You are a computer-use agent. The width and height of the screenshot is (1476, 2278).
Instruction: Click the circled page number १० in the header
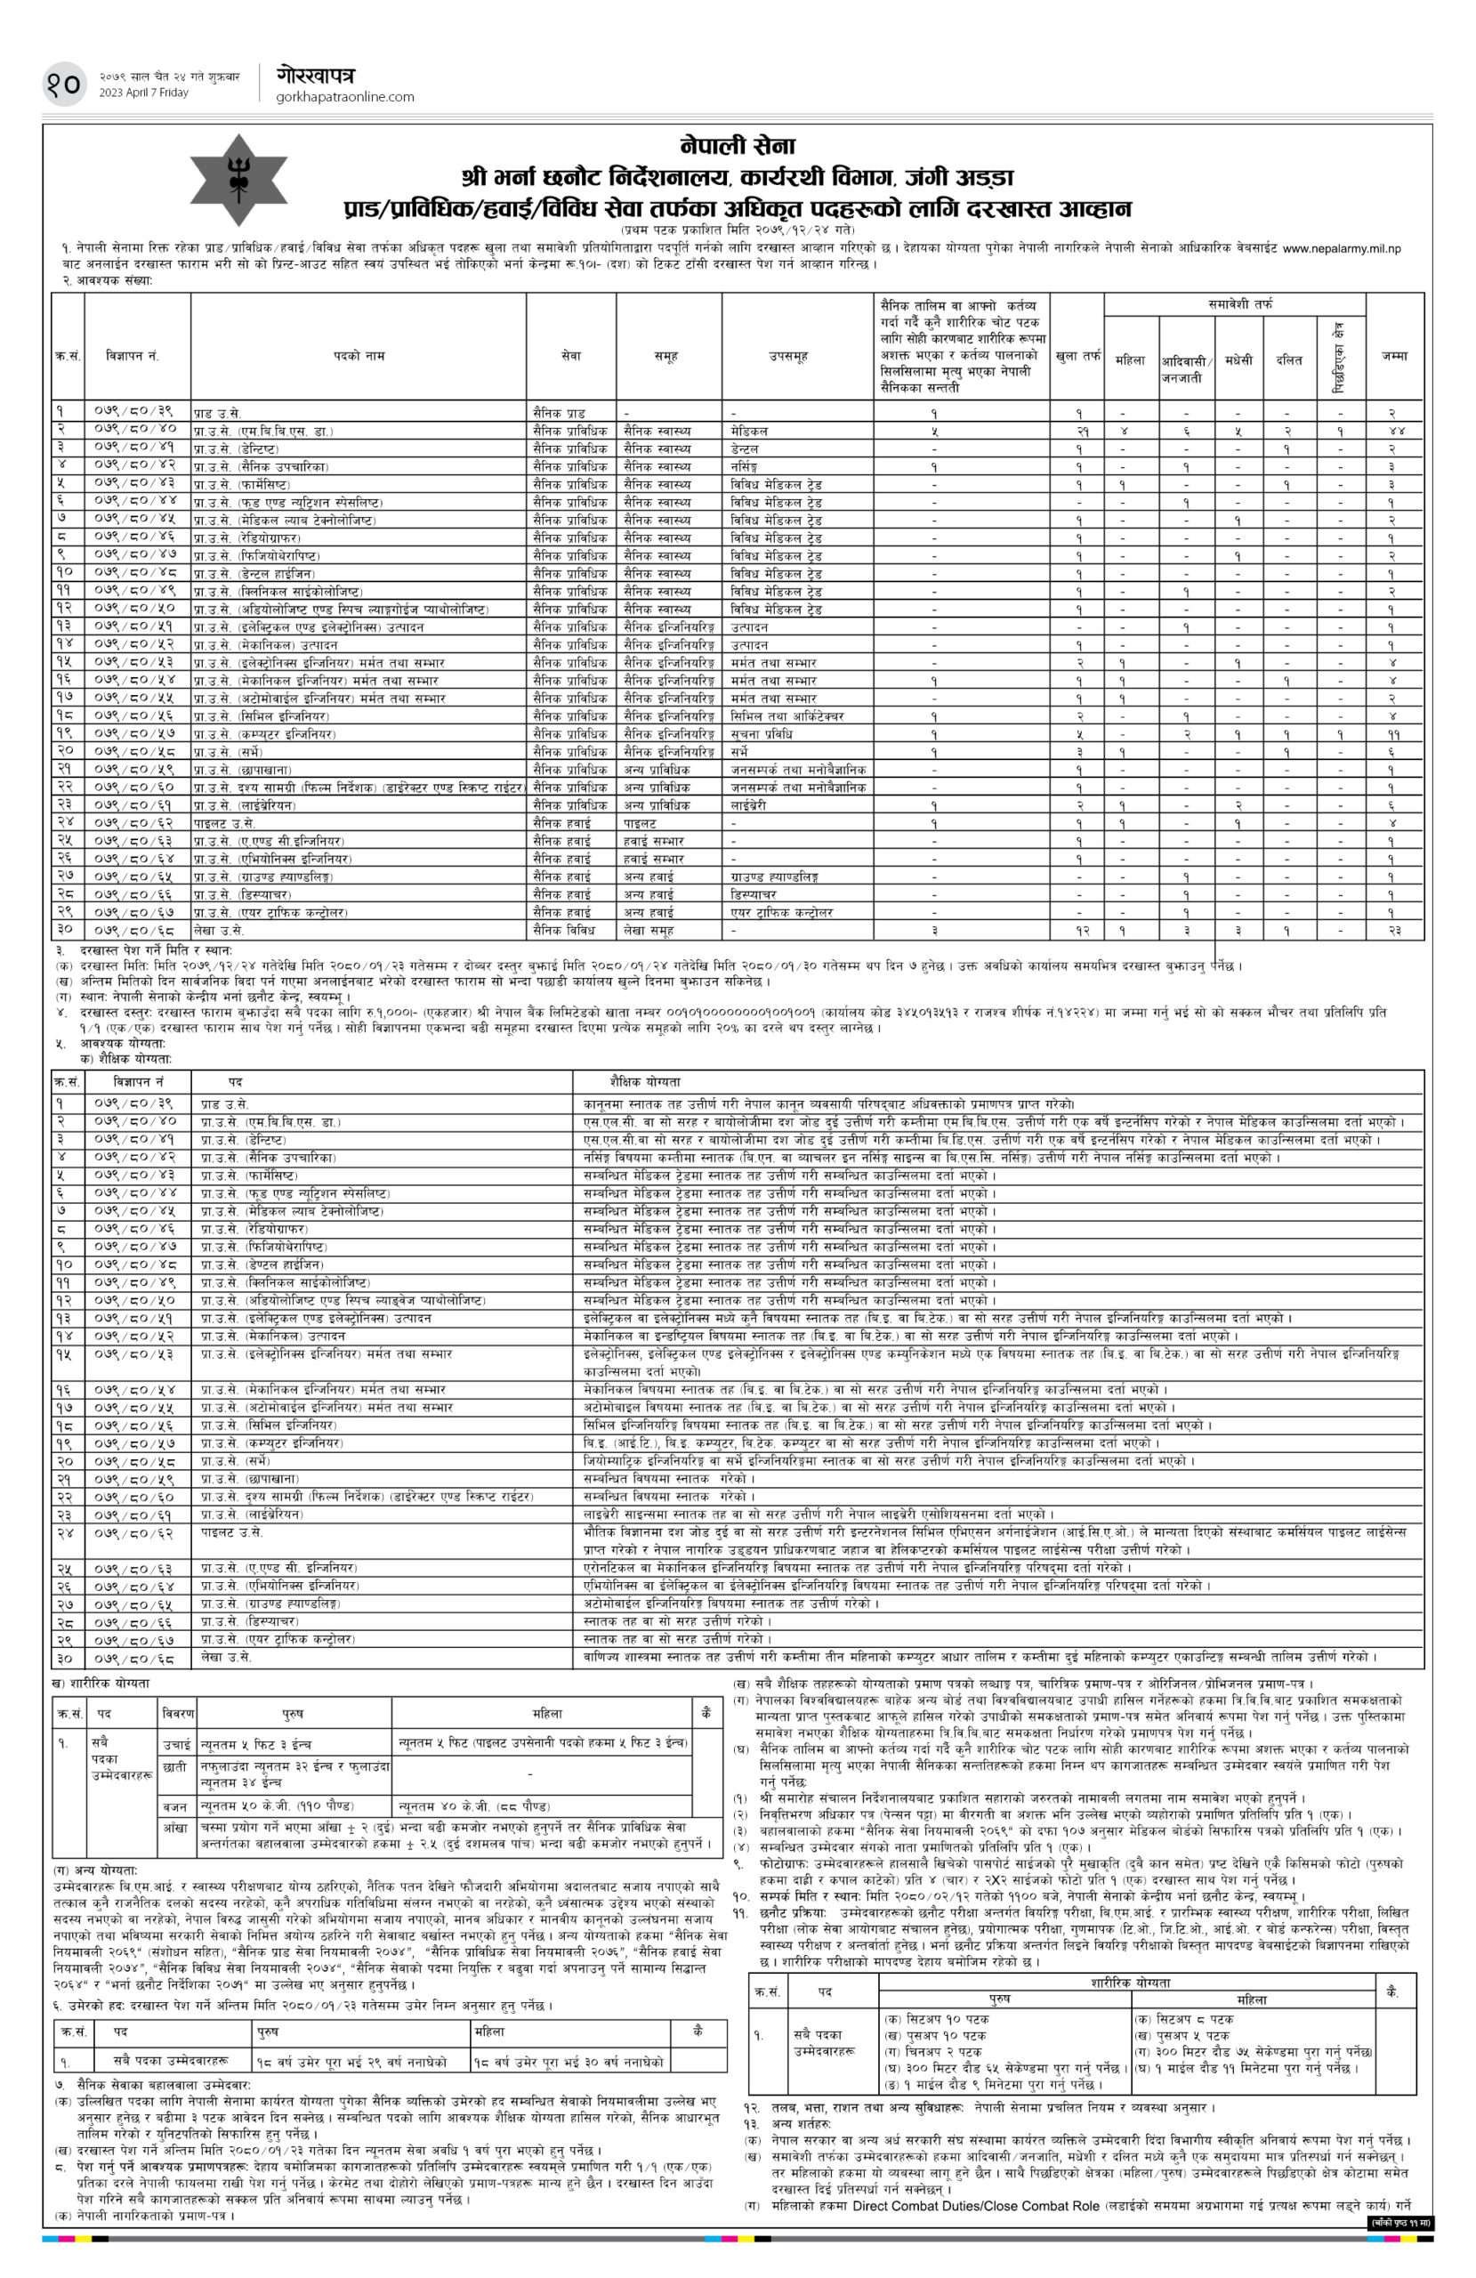click(x=63, y=84)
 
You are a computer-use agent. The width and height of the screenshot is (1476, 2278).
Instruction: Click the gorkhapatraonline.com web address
click(x=344, y=97)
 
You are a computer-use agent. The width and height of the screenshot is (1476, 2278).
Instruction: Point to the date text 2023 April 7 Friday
click(x=143, y=93)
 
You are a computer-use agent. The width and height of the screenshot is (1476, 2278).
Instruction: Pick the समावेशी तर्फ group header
click(x=1240, y=303)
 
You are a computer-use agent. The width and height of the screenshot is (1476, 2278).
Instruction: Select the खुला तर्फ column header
click(x=1077, y=356)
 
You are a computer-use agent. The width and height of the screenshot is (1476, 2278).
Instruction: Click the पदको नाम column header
click(x=359, y=355)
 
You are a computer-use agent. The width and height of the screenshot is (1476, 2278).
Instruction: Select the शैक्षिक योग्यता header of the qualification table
click(x=632, y=1080)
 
